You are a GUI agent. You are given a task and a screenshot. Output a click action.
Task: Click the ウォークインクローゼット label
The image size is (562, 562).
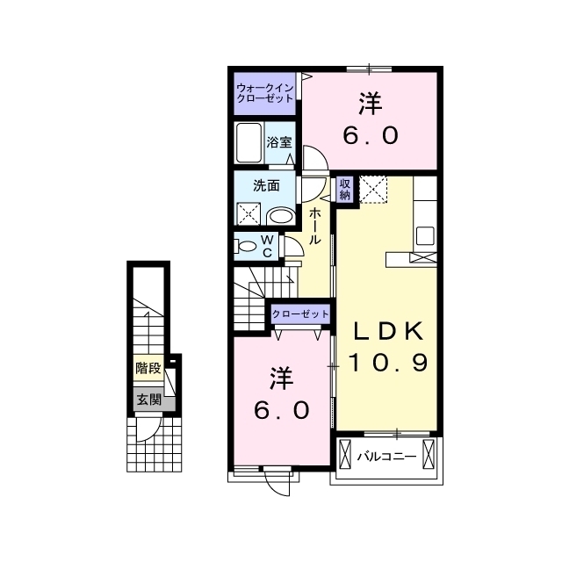click(x=265, y=93)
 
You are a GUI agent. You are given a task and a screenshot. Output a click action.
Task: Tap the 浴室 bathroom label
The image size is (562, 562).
click(x=279, y=142)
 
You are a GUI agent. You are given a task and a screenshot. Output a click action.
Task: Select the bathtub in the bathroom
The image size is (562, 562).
click(x=249, y=143)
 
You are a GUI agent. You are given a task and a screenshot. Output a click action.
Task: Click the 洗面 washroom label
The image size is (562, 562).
click(x=266, y=185)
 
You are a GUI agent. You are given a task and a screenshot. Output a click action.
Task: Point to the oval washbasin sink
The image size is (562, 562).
click(x=282, y=216)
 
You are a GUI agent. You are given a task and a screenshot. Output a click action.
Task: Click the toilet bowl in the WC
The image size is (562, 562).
click(x=246, y=247)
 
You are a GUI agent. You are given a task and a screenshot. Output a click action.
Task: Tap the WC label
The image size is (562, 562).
click(x=268, y=246)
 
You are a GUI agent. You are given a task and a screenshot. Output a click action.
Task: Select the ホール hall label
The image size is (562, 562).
click(x=314, y=226)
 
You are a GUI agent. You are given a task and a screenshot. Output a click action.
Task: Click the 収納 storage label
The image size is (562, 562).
click(x=345, y=190)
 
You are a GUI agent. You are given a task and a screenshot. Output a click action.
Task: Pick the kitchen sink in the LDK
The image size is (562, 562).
click(x=425, y=235)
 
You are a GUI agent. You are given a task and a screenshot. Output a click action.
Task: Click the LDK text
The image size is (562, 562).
click(x=388, y=332)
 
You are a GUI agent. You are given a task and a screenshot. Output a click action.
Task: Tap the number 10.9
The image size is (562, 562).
click(x=388, y=362)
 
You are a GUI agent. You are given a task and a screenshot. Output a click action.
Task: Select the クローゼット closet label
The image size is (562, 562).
click(x=300, y=314)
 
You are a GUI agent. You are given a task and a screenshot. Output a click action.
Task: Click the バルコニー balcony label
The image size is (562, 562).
click(x=386, y=457)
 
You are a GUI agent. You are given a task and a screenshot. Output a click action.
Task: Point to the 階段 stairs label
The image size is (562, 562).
click(x=148, y=368)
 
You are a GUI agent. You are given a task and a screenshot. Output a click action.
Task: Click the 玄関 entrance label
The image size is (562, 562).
click(x=149, y=400)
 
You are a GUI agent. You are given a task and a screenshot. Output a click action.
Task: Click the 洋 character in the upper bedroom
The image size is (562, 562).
click(x=371, y=104)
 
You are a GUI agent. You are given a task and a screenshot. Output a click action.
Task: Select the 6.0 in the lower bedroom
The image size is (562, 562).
click(x=282, y=410)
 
